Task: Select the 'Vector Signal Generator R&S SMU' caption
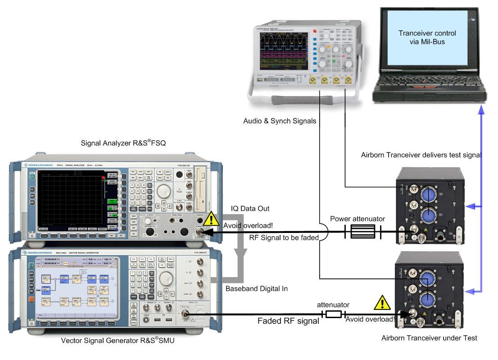point(118,341)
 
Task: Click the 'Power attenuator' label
point(358,219)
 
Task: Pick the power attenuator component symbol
point(362,232)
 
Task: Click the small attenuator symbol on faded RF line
point(334,314)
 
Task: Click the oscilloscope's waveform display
point(281,50)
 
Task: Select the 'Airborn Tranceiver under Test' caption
point(429,338)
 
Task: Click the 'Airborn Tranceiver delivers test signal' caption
point(421,155)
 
